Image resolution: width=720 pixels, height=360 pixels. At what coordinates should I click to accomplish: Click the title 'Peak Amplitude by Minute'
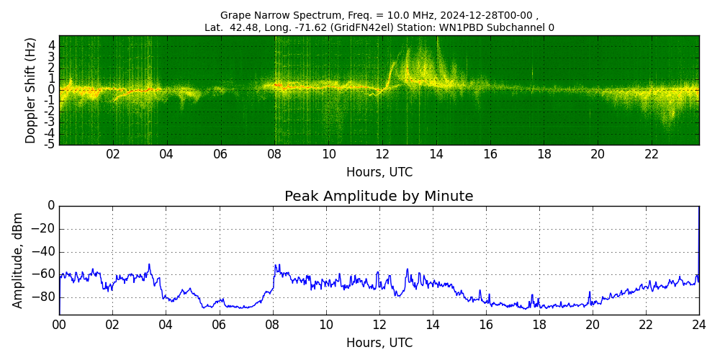[x=379, y=197]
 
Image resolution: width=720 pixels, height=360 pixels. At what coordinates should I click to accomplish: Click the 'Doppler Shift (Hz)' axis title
[x=30, y=91]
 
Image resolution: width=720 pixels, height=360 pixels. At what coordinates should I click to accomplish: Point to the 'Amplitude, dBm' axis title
[x=18, y=260]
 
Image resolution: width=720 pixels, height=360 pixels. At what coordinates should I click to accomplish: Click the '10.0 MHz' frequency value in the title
[x=381, y=15]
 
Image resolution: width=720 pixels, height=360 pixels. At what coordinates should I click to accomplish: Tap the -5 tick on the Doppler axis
[x=50, y=144]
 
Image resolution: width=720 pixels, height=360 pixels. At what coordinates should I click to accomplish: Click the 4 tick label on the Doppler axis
[x=52, y=45]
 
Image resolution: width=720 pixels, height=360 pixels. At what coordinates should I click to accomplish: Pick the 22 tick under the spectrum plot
[x=652, y=154]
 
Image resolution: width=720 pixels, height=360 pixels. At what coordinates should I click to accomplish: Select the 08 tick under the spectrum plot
[x=274, y=154]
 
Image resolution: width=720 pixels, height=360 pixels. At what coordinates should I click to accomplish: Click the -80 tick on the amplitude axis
[x=45, y=297]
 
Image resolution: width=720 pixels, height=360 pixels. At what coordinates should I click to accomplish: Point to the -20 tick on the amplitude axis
[x=45, y=229]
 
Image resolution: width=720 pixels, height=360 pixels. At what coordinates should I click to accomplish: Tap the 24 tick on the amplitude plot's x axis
[x=698, y=325]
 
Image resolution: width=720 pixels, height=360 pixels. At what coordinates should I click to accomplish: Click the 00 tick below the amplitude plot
[x=59, y=325]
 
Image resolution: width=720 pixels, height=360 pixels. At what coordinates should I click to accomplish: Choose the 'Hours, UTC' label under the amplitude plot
[x=379, y=343]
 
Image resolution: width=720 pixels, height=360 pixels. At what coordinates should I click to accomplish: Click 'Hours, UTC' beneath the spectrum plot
[x=379, y=172]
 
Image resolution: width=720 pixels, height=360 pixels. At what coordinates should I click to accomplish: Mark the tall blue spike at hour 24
[x=698, y=238]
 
